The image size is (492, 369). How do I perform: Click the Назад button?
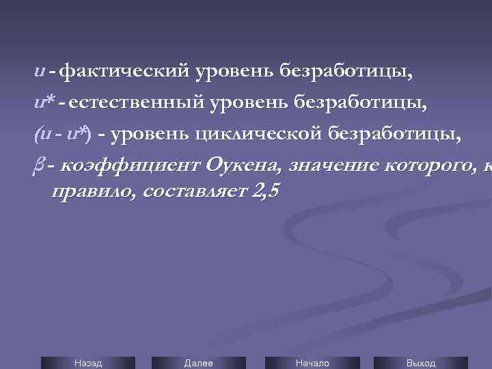(x=88, y=363)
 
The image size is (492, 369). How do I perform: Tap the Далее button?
(x=199, y=363)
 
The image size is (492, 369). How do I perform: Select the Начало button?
(x=312, y=363)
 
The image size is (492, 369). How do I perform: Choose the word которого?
(x=424, y=165)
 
